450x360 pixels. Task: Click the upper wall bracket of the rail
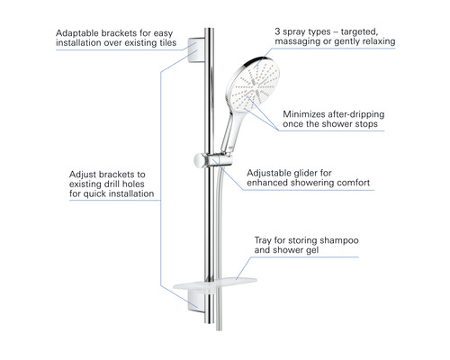[196, 50]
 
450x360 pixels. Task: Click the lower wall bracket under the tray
[197, 301]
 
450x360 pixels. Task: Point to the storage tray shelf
[215, 283]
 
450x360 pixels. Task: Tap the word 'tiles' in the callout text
[167, 42]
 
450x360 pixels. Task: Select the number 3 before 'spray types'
[277, 31]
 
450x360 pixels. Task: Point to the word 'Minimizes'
[304, 114]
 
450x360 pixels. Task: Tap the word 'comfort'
[354, 183]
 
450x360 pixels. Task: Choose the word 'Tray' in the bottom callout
[263, 240]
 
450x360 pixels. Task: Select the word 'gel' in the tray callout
[312, 250]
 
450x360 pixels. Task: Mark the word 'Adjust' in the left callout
[83, 175]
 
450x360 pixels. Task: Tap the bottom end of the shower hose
[219, 330]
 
